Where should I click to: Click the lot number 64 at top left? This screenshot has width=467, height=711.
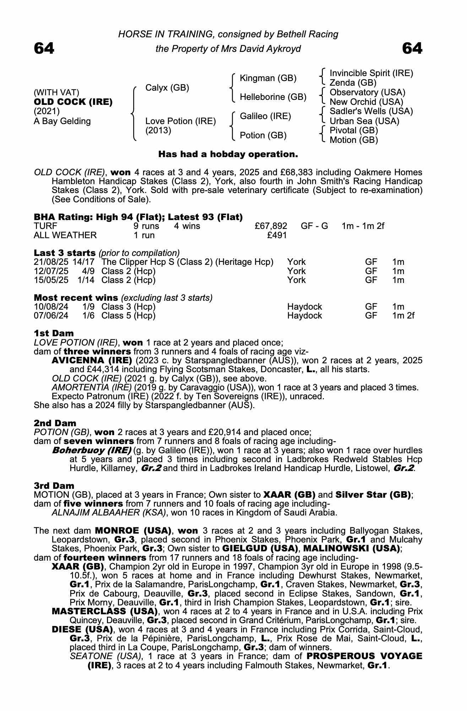(44, 48)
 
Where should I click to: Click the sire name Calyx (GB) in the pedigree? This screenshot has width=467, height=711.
(167, 88)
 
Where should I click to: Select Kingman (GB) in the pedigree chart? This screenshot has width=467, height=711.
(268, 78)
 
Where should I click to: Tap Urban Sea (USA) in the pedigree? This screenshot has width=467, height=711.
(364, 121)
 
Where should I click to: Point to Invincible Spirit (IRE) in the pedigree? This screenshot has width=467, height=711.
(371, 73)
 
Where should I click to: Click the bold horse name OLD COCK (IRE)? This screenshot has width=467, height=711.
(73, 102)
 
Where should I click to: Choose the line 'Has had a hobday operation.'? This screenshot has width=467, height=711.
(228, 154)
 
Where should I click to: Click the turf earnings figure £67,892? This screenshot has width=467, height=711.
(271, 226)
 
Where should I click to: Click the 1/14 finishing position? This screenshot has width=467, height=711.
(86, 280)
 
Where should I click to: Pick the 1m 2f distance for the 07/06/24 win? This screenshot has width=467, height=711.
(403, 315)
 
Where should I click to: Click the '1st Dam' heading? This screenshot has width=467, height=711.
(54, 333)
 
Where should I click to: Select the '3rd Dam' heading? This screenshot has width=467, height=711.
(54, 486)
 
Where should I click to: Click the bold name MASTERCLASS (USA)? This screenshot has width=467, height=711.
(105, 611)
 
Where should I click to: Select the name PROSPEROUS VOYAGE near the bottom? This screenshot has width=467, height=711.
(364, 656)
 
